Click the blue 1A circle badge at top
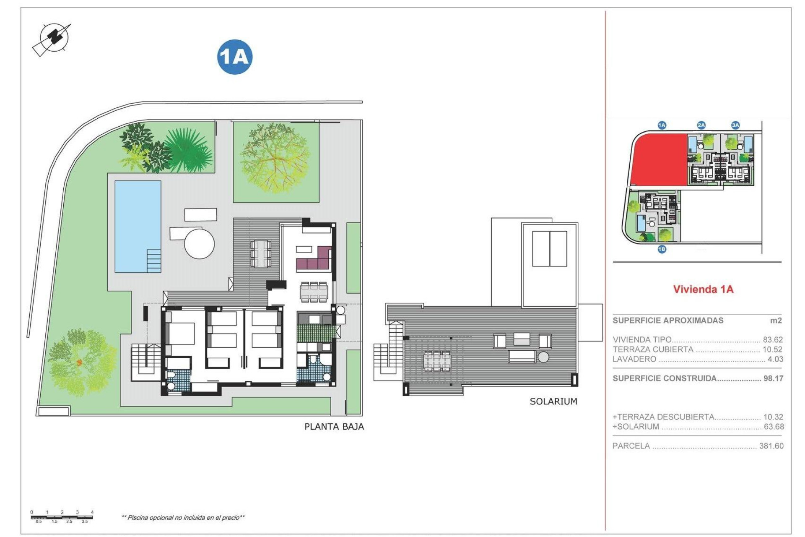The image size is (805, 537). [235, 57]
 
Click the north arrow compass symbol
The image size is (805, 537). [52, 39]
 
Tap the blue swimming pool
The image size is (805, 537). [138, 227]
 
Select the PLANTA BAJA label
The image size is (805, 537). [334, 427]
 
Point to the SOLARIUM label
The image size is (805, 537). [553, 401]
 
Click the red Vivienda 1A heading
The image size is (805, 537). [703, 289]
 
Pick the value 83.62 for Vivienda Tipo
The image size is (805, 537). [773, 340]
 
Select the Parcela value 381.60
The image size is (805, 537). [771, 446]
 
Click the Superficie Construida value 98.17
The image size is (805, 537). [773, 378]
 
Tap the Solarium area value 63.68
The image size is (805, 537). [773, 427]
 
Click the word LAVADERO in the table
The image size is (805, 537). [634, 359]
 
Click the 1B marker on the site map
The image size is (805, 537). [662, 249]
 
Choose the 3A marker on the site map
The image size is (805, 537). [735, 125]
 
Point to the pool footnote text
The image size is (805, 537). [183, 518]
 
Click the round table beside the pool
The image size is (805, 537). [200, 243]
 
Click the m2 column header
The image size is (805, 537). [776, 321]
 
